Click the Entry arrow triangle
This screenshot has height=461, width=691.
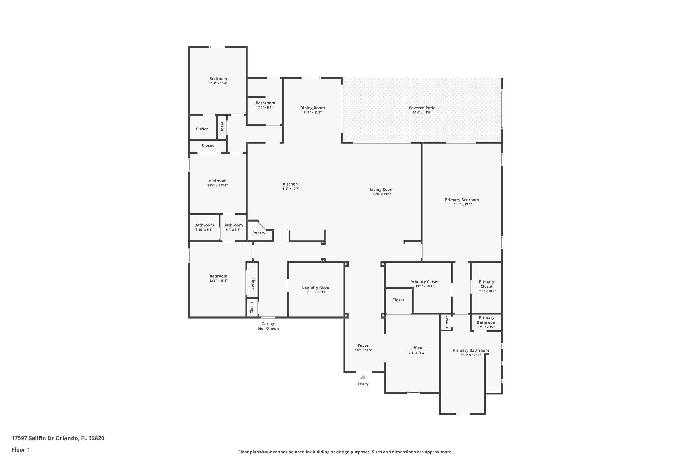363,377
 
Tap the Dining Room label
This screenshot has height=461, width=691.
312,108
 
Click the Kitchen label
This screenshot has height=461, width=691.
290,184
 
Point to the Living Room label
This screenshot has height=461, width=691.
382,190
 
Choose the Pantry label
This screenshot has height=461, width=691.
259,233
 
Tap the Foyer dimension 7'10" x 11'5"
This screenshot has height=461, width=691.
363,350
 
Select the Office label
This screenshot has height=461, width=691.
416,348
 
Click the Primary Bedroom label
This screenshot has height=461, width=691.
462,200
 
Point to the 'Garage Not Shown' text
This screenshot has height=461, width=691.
268,326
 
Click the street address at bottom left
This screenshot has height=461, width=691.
58,438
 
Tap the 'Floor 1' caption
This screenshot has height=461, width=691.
21,449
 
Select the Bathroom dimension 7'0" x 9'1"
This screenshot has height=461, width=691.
265,108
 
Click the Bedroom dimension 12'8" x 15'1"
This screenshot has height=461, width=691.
218,281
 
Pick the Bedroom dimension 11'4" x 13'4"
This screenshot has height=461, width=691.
218,83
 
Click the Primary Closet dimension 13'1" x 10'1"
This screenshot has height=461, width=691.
425,286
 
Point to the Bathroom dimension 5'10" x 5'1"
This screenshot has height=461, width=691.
204,230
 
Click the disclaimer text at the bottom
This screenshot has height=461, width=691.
345,452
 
